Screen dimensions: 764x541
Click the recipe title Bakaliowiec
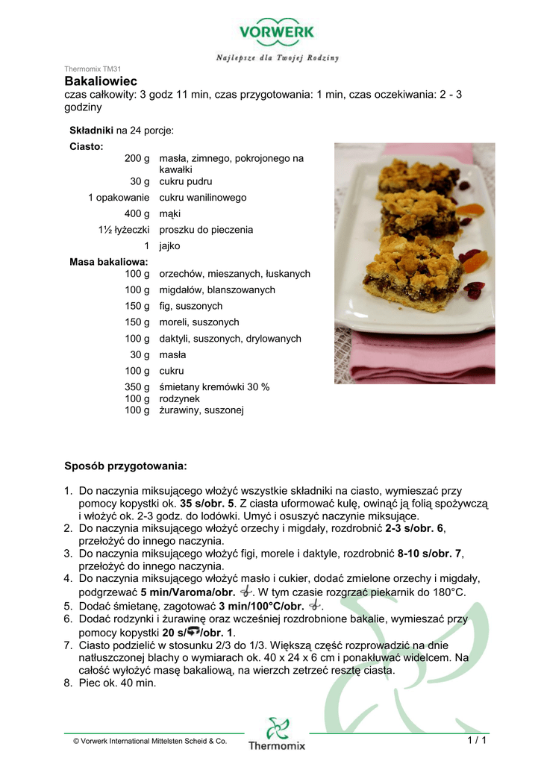point(101,81)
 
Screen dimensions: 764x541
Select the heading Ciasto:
point(87,146)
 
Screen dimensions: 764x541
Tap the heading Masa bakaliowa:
point(108,262)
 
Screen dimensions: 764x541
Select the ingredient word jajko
point(169,245)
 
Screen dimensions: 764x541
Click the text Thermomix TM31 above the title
point(93,69)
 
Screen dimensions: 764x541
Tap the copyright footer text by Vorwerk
point(150,741)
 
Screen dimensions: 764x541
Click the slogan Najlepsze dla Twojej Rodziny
point(278,57)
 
